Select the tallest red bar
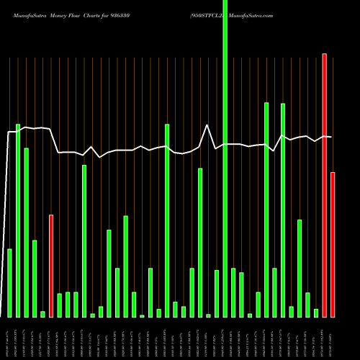[325, 185]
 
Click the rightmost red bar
[333, 245]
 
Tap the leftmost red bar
[51, 266]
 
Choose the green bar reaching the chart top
[225, 158]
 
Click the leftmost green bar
[10, 283]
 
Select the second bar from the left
[18, 220]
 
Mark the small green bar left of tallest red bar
[316, 312]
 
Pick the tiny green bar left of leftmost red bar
[43, 314]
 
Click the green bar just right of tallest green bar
[233, 292]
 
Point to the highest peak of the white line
[207, 125]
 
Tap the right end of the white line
[330, 137]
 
